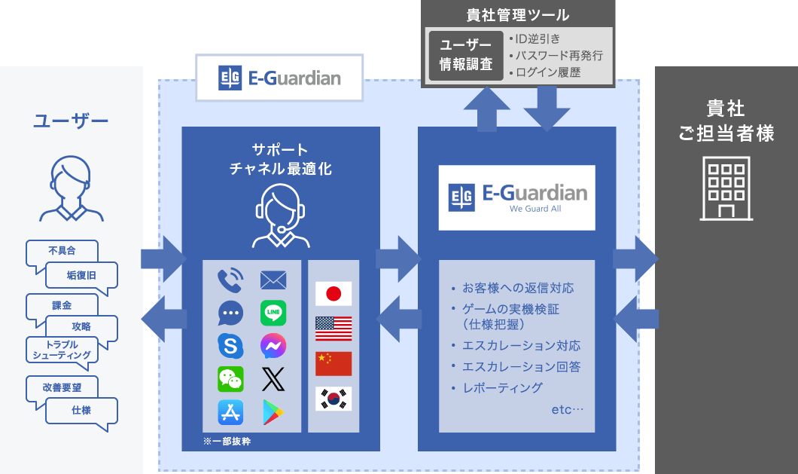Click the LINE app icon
pyautogui.click(x=273, y=313)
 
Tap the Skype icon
pyautogui.click(x=230, y=346)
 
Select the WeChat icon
pyautogui.click(x=230, y=379)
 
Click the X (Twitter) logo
pyautogui.click(x=273, y=379)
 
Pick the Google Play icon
pyautogui.click(x=273, y=412)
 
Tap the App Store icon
pyautogui.click(x=230, y=412)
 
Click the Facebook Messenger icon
pyautogui.click(x=273, y=346)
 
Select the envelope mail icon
pyautogui.click(x=273, y=280)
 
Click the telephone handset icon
pyautogui.click(x=230, y=280)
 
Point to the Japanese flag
pyautogui.click(x=334, y=294)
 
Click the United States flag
pyautogui.click(x=334, y=329)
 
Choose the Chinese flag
pyautogui.click(x=334, y=363)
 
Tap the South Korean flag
pyautogui.click(x=334, y=399)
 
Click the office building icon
pyautogui.click(x=726, y=188)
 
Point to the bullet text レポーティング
pyautogui.click(x=502, y=388)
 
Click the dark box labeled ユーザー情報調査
pyautogui.click(x=466, y=56)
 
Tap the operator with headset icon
pyautogui.click(x=280, y=216)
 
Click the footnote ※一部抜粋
pyautogui.click(x=227, y=442)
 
